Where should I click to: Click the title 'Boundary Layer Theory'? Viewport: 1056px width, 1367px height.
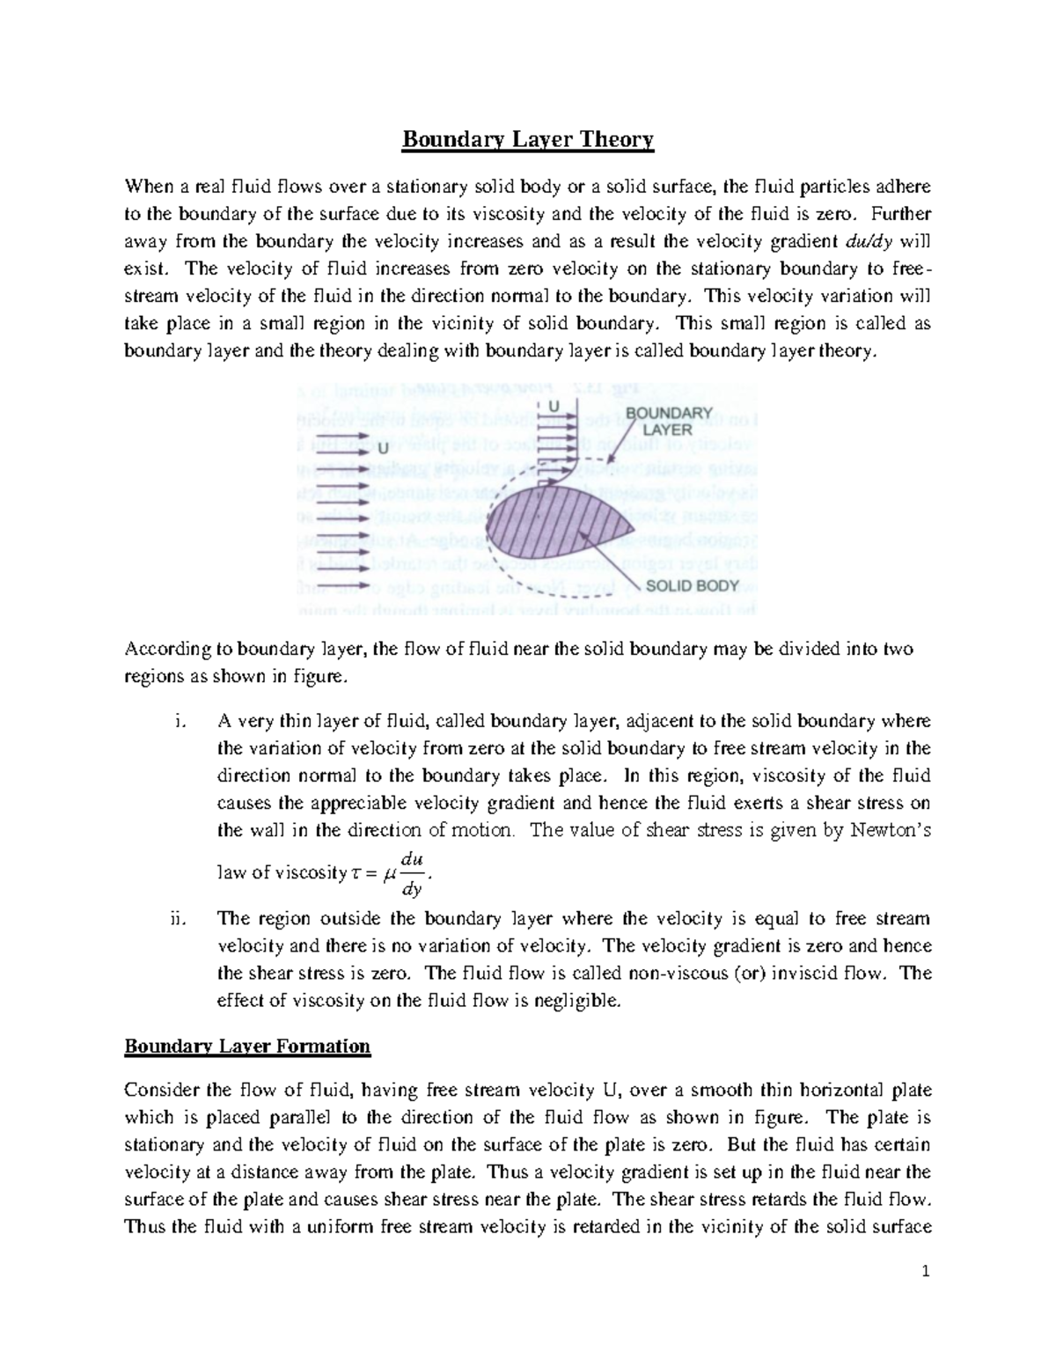528,140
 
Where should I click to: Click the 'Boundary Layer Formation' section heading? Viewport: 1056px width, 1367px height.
247,1047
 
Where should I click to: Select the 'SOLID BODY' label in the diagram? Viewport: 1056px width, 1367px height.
693,585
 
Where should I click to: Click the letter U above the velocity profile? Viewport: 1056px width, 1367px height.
554,405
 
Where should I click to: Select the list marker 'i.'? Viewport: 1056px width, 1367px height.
180,723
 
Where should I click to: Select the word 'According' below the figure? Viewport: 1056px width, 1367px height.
159,650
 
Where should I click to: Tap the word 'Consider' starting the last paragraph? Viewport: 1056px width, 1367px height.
159,1091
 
